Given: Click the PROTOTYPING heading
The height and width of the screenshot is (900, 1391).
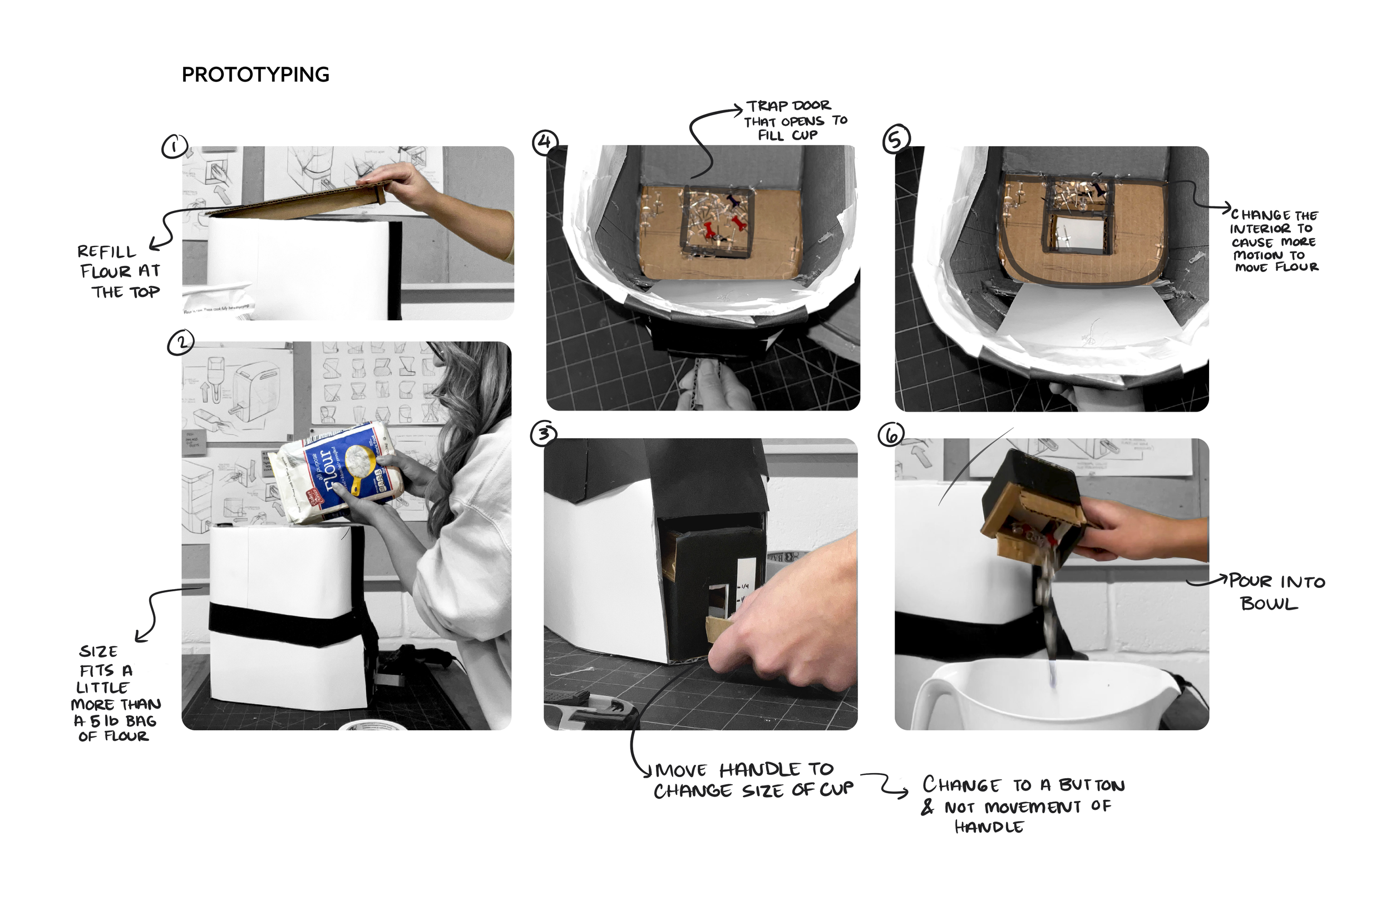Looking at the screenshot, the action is (255, 75).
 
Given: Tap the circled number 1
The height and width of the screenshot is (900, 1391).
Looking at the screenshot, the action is (175, 147).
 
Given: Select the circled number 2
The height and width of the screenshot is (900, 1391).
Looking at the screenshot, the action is (181, 343).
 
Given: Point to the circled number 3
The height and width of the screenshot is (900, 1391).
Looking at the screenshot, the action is (544, 434).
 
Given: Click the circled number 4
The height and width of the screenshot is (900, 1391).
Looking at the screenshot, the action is (545, 142).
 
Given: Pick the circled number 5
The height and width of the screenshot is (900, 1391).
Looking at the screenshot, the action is (896, 140).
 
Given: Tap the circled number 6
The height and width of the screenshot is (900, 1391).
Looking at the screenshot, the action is (891, 435).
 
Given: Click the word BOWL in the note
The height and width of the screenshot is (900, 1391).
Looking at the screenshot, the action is (1269, 604).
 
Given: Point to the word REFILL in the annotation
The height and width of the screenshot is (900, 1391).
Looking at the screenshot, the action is (106, 252).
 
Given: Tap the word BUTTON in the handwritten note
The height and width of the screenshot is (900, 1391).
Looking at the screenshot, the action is (1091, 785).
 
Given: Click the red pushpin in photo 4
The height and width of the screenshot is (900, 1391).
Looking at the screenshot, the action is (708, 230).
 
